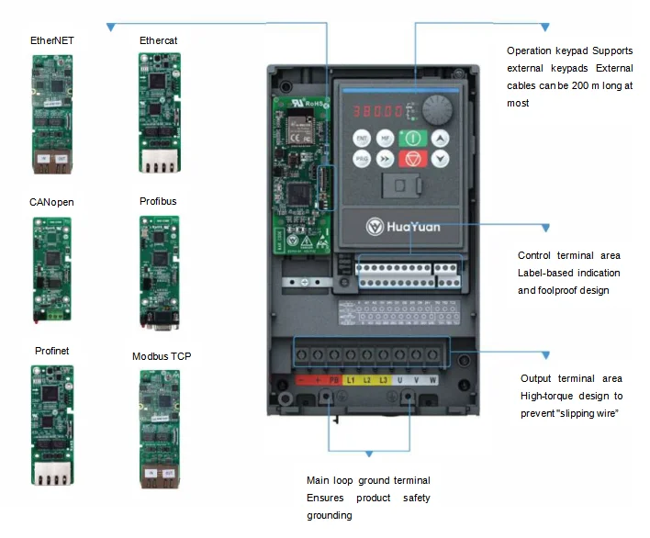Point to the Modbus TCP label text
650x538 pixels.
pyautogui.click(x=162, y=356)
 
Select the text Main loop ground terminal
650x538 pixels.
pyautogui.click(x=368, y=480)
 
